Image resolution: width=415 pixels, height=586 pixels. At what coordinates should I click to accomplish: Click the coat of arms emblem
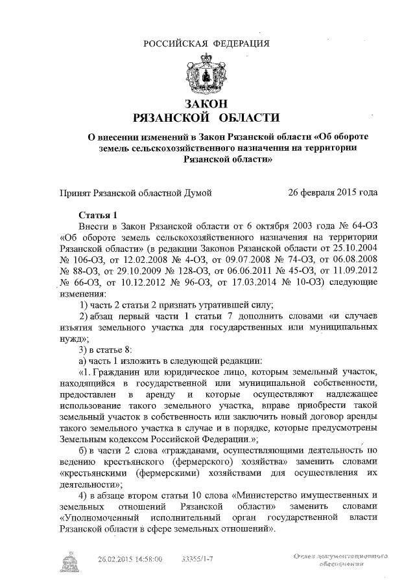207,74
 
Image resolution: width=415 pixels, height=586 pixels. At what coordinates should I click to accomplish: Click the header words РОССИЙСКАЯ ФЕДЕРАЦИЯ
207,43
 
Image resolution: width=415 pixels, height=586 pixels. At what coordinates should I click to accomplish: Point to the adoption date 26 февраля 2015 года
333,192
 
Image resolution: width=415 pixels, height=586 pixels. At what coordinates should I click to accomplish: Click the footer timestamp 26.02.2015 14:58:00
130,558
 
